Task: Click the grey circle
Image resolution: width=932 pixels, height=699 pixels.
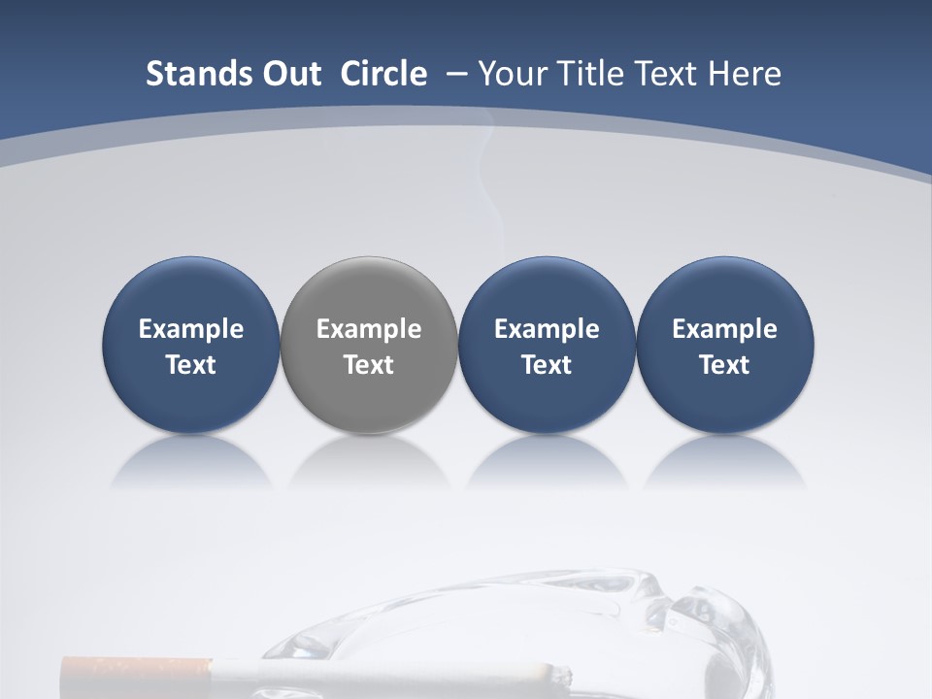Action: click(x=369, y=291)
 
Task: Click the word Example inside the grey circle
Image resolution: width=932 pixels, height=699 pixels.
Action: click(x=369, y=329)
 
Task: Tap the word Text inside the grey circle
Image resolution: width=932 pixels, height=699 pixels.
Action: click(x=369, y=365)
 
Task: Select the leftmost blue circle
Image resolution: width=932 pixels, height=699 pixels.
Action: click(x=190, y=291)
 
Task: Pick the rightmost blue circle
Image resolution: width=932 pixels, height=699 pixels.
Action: click(x=725, y=291)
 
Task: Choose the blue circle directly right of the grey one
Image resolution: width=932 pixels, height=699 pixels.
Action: click(x=547, y=291)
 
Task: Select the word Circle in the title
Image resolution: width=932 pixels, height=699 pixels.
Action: click(x=383, y=74)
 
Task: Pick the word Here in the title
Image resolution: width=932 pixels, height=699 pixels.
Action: click(x=745, y=74)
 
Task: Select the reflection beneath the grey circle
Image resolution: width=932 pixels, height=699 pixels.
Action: click(x=369, y=462)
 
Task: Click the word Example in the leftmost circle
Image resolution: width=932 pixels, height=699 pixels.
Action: click(x=190, y=329)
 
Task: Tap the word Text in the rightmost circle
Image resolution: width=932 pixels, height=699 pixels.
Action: click(x=725, y=365)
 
